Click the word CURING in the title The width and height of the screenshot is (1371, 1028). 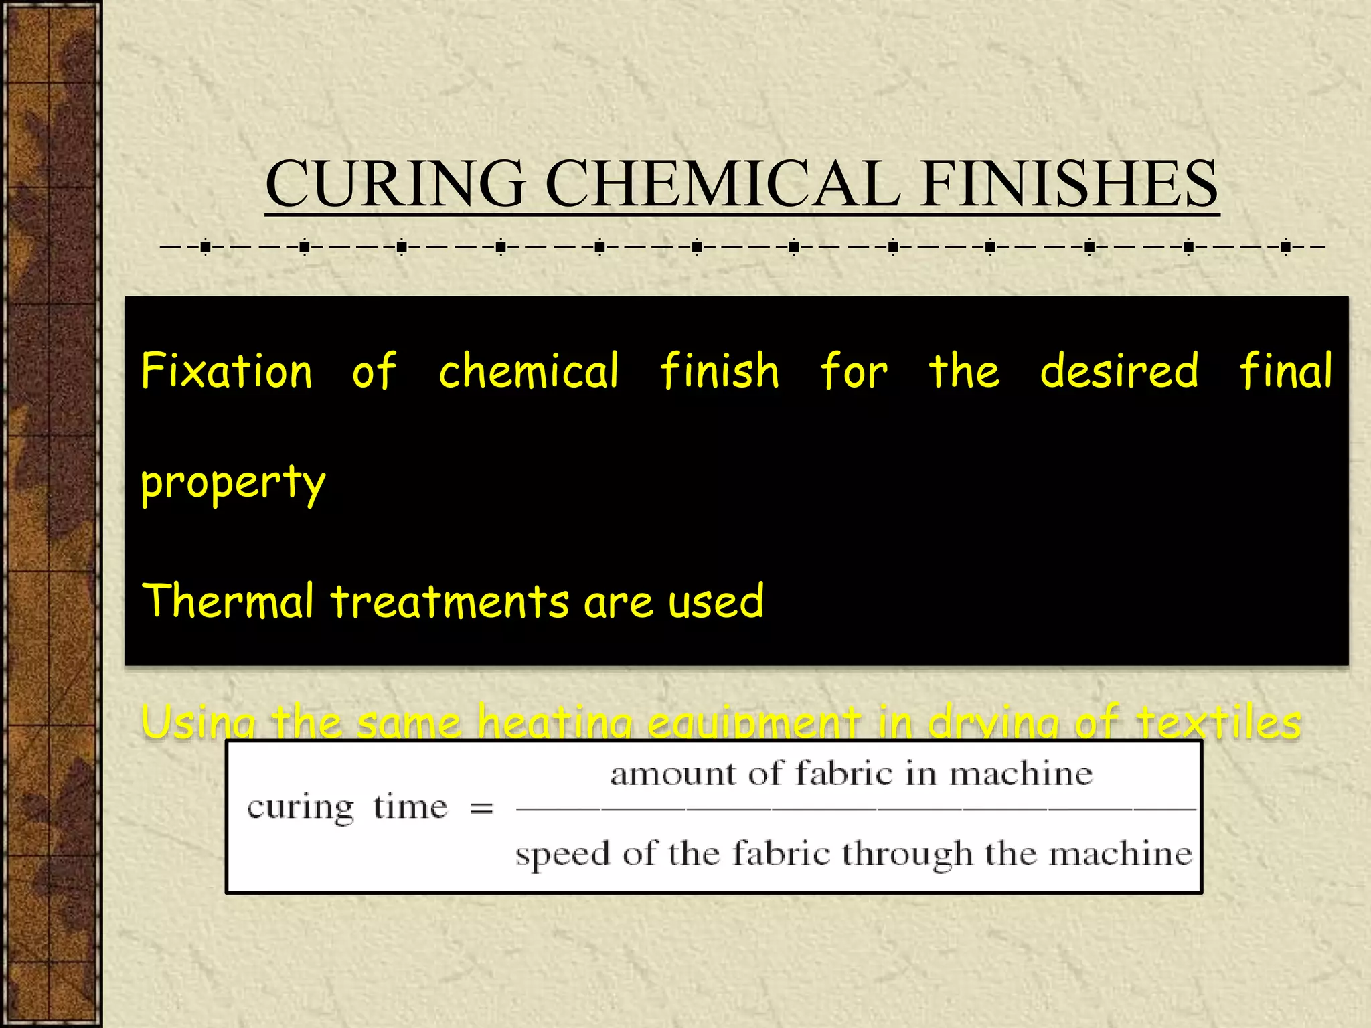[395, 183]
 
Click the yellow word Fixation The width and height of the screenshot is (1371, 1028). [227, 371]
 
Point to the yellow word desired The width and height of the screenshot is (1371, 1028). [1119, 371]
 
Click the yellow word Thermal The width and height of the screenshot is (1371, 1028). [228, 600]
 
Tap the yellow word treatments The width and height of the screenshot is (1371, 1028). [450, 600]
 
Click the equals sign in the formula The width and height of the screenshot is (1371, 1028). [481, 809]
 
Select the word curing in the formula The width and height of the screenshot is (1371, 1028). [300, 808]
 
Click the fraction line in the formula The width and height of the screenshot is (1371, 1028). [856, 810]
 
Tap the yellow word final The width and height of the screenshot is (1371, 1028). [1285, 371]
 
